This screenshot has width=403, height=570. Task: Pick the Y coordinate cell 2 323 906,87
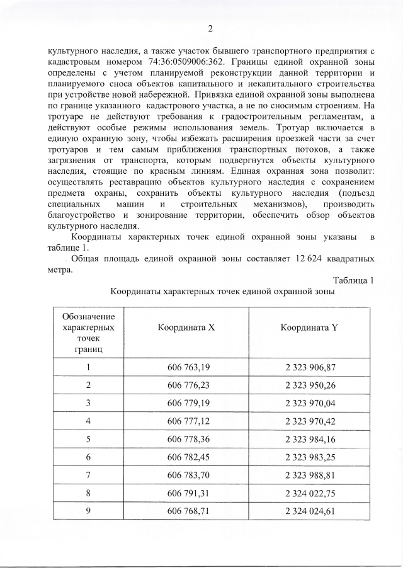(310, 367)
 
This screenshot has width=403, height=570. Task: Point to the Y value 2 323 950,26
(310, 385)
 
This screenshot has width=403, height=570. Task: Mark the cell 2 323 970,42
(310, 420)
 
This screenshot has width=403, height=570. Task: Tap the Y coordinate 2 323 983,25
(310, 456)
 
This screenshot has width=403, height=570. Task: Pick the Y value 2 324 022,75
(310, 492)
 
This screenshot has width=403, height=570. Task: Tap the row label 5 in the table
(89, 438)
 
